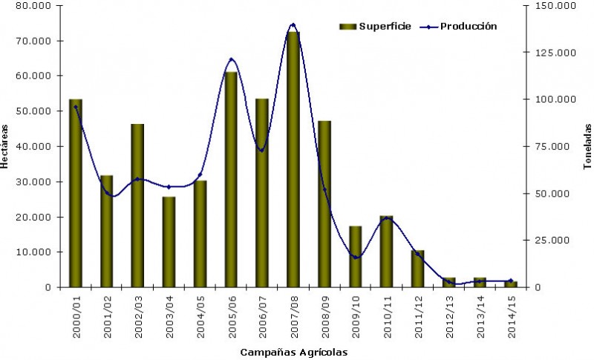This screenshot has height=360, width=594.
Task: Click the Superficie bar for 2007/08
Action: (293, 160)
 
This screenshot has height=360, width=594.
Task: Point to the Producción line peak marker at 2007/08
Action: (293, 25)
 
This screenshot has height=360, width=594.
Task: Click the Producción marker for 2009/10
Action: (355, 258)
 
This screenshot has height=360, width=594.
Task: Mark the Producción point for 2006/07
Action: (261, 150)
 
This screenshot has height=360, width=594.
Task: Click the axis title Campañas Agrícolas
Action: (294, 351)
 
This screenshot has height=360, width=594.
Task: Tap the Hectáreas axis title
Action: (6, 145)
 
